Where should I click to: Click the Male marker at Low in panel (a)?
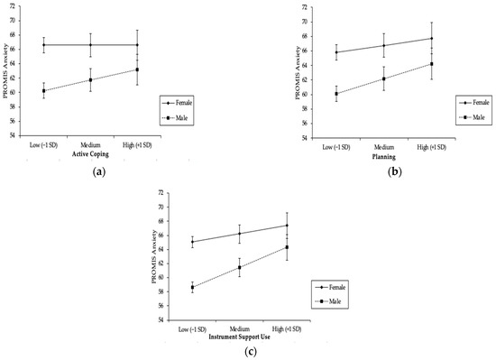click(44, 90)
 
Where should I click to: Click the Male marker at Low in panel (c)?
click(193, 287)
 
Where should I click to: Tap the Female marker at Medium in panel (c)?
click(240, 233)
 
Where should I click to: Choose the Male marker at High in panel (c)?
click(287, 247)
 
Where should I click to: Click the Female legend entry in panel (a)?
click(184, 103)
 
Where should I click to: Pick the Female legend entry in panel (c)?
click(333, 286)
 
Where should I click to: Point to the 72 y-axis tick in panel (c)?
click(161, 193)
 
